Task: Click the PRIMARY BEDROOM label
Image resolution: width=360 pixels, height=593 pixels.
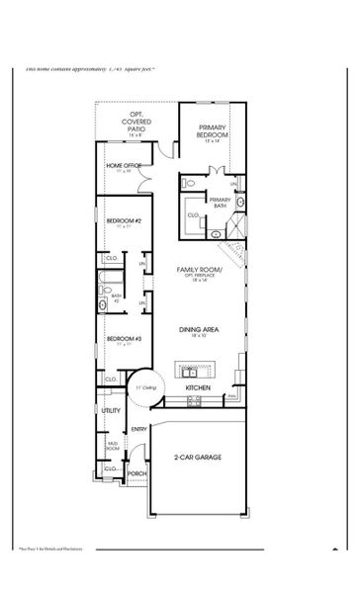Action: coord(213,132)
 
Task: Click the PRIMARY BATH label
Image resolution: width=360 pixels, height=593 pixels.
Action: coord(219,203)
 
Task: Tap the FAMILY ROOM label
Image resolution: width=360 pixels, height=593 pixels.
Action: coord(198,269)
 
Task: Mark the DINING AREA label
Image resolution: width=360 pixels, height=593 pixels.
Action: coord(198,329)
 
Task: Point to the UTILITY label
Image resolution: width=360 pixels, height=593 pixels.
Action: coord(111,409)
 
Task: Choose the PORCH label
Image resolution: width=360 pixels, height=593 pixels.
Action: coord(136,473)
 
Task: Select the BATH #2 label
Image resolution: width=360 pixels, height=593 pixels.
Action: coord(116,296)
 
